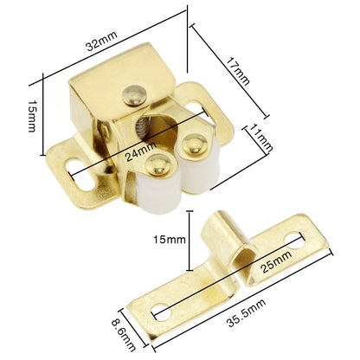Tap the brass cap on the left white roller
click(157, 161)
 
